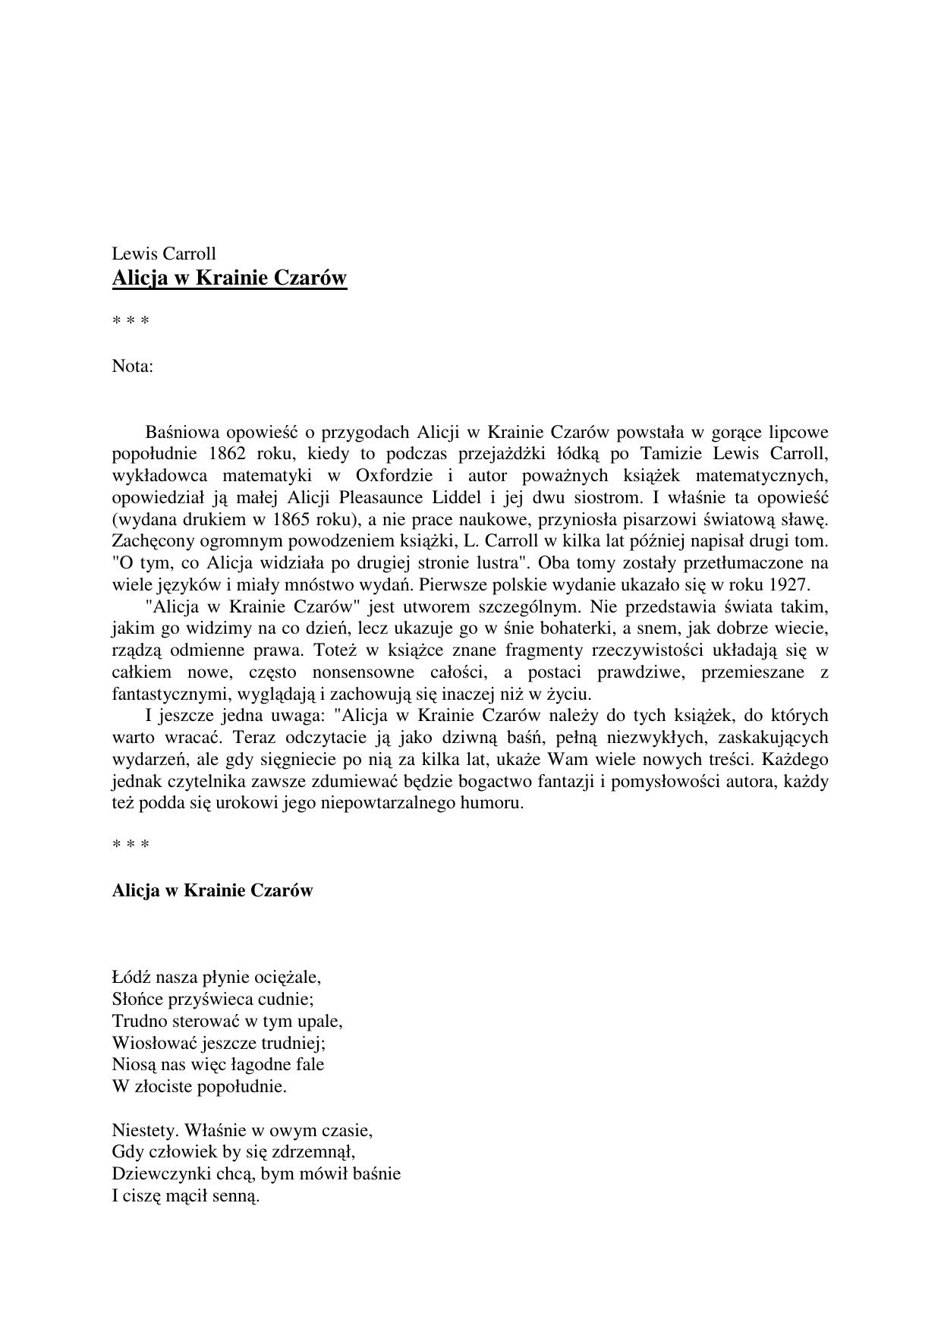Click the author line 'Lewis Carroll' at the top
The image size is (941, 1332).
point(164,253)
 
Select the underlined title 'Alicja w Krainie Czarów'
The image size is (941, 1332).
point(229,278)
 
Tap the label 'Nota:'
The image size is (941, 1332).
point(133,366)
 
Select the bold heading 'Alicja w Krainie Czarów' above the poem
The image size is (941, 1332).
point(212,890)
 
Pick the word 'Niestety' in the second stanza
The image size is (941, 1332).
point(144,1130)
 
